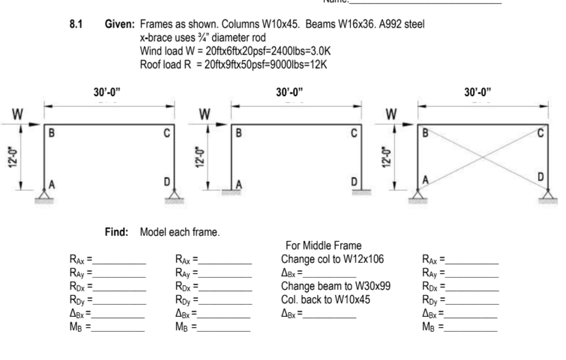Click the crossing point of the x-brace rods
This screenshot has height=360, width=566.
[483, 157]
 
